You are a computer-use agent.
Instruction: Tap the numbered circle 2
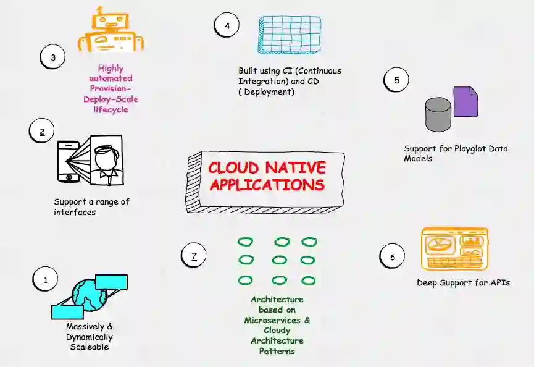42,131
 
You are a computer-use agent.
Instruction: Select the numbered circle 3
53,57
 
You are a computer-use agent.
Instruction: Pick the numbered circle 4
227,25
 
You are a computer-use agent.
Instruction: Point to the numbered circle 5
396,80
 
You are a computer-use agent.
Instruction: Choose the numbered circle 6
392,257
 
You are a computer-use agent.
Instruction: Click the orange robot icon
110,29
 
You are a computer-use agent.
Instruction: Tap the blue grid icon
290,35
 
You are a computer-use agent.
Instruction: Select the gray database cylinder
438,114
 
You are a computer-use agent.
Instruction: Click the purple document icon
465,101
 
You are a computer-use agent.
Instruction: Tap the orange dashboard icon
454,248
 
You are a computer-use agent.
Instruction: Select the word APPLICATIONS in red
267,185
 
